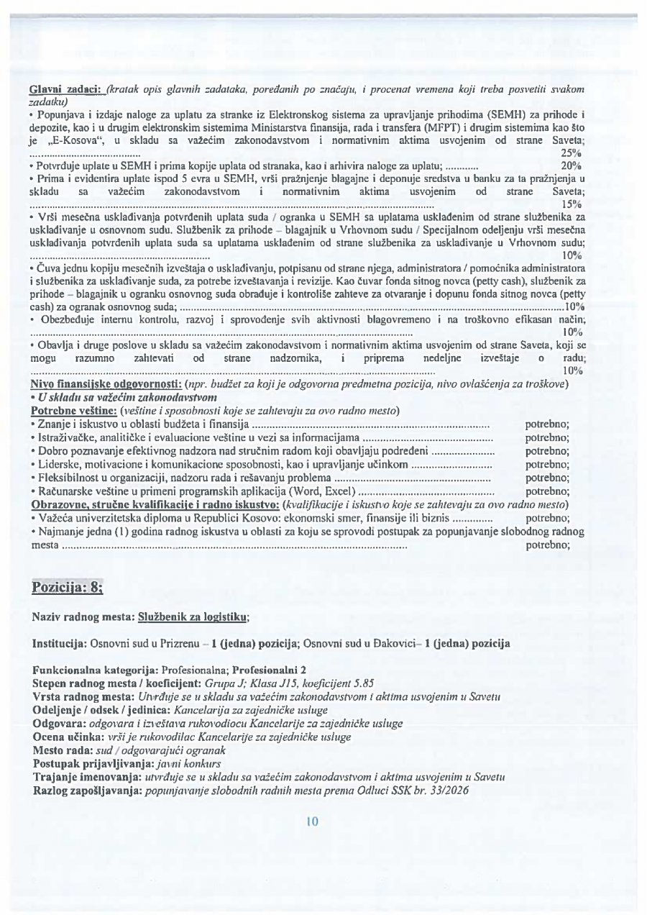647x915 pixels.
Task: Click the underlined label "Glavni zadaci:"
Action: click(x=63, y=88)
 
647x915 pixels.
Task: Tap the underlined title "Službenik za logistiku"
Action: click(x=193, y=617)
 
